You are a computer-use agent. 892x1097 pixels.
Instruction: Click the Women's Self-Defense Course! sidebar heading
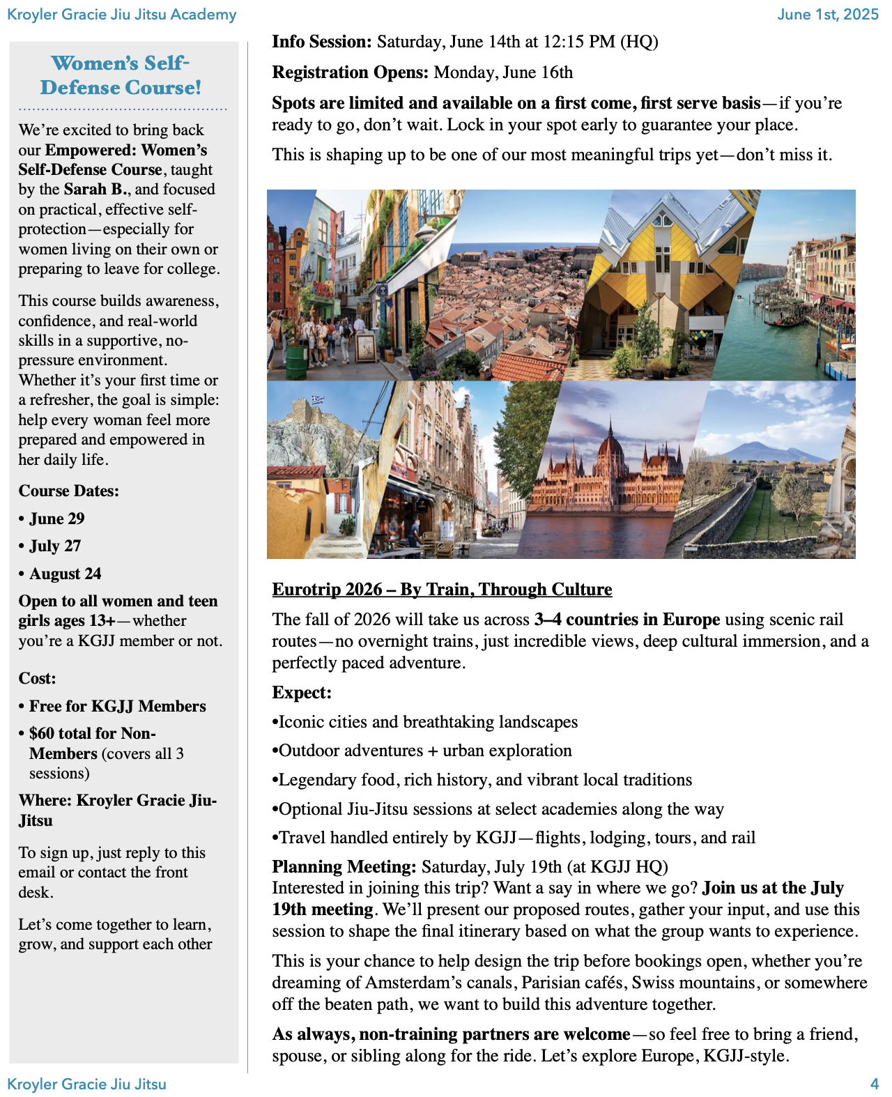pos(120,75)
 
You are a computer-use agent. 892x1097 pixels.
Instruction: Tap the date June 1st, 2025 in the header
pos(827,15)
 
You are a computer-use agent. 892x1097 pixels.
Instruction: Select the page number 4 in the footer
pos(874,1084)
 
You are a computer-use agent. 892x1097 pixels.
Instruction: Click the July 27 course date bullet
pos(55,546)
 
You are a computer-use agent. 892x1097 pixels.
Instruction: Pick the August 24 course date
pos(65,574)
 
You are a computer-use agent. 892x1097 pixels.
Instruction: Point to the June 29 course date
pos(56,519)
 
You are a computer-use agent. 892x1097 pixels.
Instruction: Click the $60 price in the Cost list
pos(41,734)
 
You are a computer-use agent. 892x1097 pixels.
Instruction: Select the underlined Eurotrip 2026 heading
pos(442,590)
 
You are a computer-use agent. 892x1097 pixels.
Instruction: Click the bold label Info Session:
pos(322,42)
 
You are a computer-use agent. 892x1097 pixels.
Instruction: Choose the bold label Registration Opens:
pos(350,72)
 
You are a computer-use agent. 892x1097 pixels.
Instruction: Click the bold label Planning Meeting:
pos(344,867)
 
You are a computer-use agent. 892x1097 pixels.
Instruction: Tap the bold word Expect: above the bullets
pos(302,693)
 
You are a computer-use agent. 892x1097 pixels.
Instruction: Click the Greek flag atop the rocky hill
pos(318,399)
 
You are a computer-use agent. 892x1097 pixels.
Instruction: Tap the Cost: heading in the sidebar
pos(37,679)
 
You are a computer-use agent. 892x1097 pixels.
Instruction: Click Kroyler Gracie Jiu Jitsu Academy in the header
pos(122,15)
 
